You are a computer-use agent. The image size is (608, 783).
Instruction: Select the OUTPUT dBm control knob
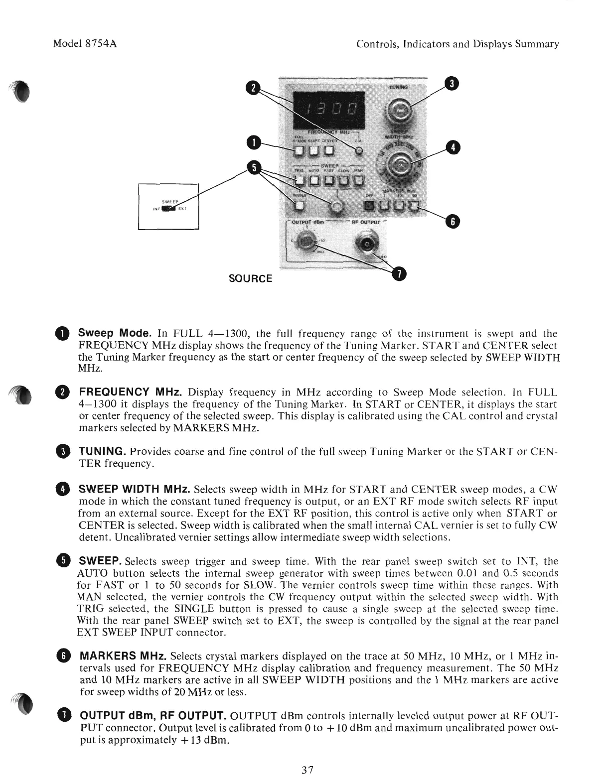coord(305,243)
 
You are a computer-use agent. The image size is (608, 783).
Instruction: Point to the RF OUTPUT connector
coord(365,244)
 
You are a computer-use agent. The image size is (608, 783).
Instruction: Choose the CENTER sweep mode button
coord(331,151)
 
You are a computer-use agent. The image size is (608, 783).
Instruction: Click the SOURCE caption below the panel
coord(250,278)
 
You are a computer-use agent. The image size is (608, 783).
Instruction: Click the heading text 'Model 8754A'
coord(85,44)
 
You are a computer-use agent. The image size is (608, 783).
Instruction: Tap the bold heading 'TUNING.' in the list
coord(102,451)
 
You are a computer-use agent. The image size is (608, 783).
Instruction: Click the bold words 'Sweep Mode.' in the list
coord(115,333)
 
